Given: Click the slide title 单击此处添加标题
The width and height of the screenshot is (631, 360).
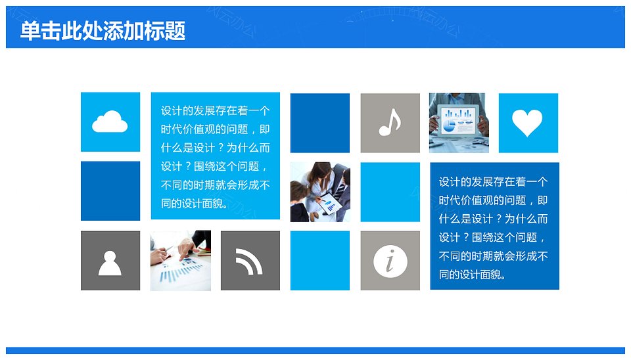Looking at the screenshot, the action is click(103, 31).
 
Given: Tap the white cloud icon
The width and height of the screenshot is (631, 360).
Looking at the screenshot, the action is click(110, 122).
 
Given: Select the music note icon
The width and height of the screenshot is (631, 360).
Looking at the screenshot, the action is click(390, 122).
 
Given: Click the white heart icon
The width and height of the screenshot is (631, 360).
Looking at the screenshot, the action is click(527, 123).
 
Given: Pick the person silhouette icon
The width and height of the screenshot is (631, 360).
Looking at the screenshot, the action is click(110, 263).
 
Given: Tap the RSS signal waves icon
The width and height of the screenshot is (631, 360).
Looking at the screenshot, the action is click(249, 261).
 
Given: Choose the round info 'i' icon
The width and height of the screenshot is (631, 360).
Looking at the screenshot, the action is click(390, 261).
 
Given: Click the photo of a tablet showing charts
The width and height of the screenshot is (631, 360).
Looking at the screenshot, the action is click(459, 123).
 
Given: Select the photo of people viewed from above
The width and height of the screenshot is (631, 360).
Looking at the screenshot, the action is click(320, 192).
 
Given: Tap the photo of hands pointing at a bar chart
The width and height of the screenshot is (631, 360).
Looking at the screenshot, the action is click(181, 261).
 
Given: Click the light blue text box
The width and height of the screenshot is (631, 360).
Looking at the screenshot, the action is click(216, 156).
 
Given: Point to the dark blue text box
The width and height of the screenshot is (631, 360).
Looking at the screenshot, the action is click(494, 226).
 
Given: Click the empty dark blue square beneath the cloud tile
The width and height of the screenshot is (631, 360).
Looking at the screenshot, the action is click(110, 191).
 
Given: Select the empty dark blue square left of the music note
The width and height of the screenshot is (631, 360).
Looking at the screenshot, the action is click(320, 123).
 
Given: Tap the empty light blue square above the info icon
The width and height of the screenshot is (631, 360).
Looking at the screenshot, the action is click(390, 192).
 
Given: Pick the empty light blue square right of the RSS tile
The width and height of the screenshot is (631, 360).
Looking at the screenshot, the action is click(320, 261).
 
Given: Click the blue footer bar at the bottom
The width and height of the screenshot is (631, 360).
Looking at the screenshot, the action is click(315, 350).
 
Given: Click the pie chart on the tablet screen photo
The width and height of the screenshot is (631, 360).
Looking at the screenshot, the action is click(448, 126).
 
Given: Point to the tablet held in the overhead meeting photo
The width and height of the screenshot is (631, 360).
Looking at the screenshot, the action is click(331, 203).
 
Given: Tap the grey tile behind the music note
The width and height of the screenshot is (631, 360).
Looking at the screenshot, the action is click(390, 123).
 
